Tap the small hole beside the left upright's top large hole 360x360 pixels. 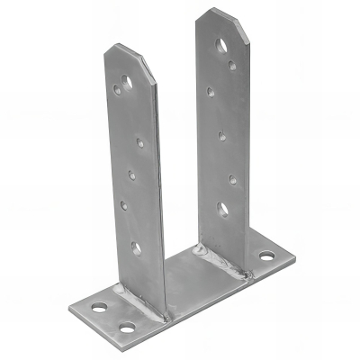point(118,89)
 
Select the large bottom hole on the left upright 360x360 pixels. point(136,246)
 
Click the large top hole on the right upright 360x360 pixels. point(220,44)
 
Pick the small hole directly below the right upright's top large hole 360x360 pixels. point(231,65)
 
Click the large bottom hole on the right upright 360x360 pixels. point(221,209)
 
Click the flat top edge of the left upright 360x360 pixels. point(121,47)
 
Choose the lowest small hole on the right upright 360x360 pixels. point(233,178)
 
